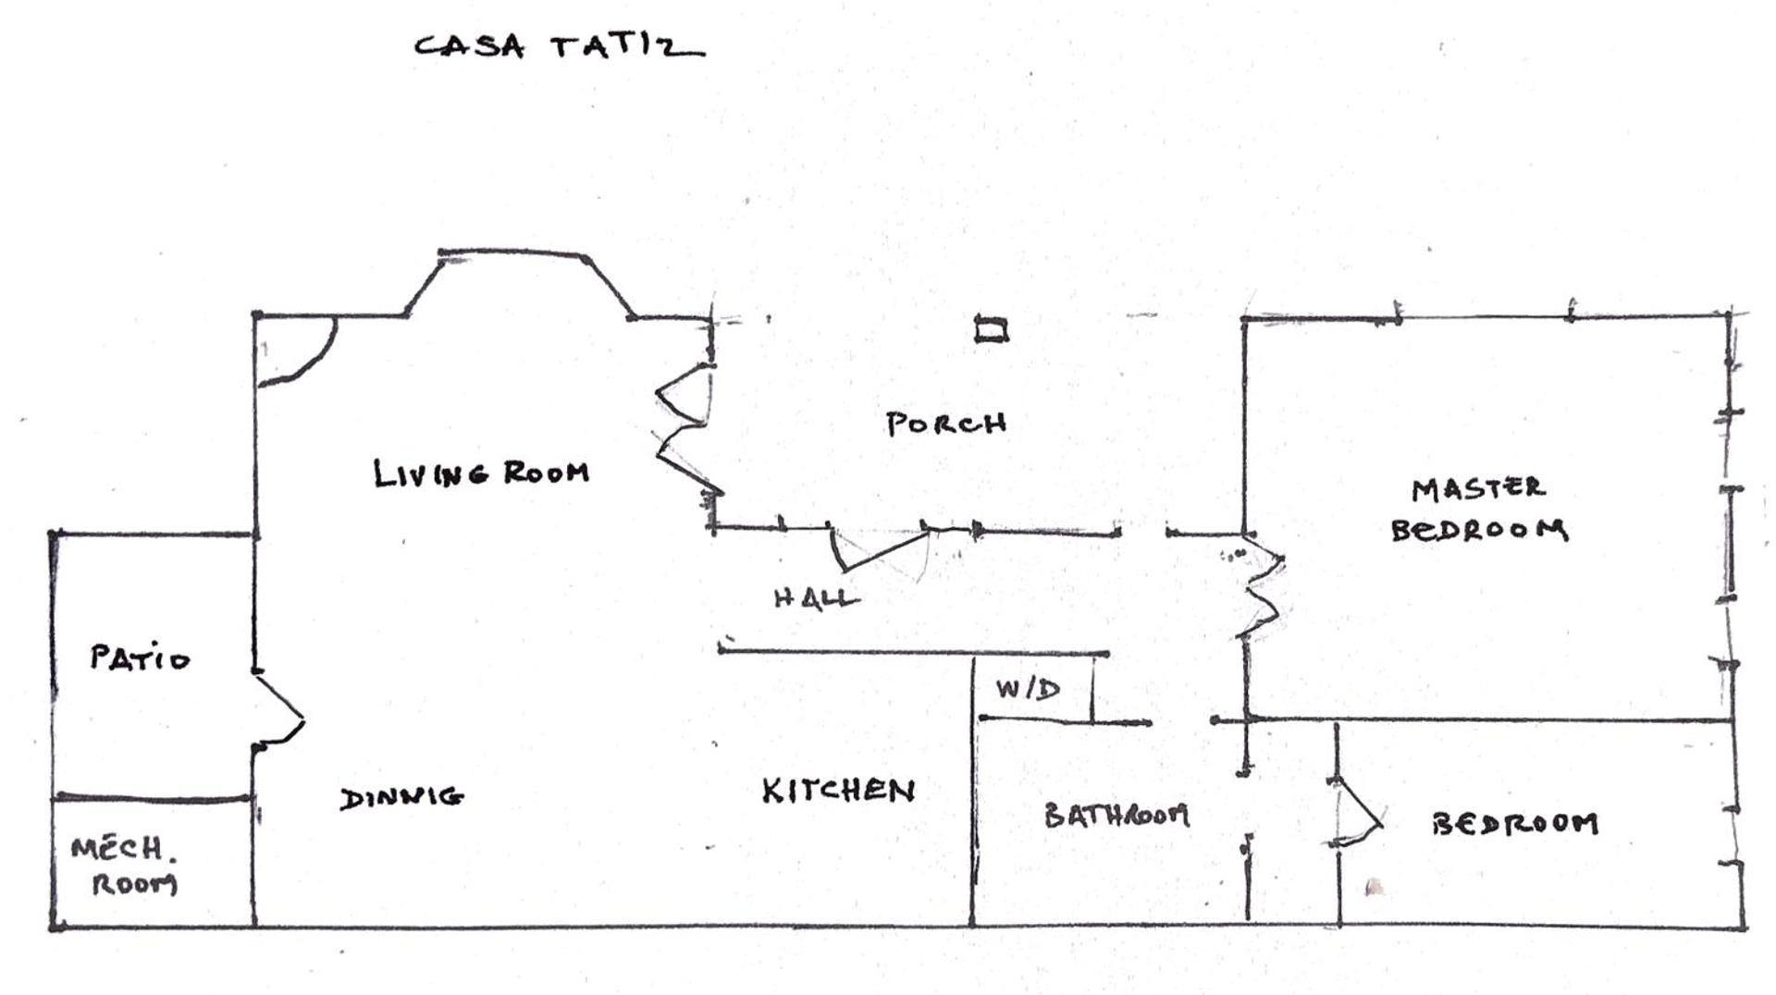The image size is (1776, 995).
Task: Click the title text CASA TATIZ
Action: pyautogui.click(x=558, y=46)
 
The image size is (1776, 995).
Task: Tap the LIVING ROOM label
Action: pyautogui.click(x=481, y=473)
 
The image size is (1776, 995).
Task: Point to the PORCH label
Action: pyautogui.click(x=945, y=424)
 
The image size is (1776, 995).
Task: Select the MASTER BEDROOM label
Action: pyautogui.click(x=1478, y=509)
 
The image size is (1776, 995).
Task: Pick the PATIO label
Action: pyautogui.click(x=140, y=658)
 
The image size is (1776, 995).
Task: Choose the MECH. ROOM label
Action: pyautogui.click(x=125, y=866)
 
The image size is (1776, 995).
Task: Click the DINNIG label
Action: pyautogui.click(x=401, y=797)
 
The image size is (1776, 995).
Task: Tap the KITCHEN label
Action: pyautogui.click(x=838, y=791)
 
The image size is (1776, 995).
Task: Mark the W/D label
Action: pyautogui.click(x=1028, y=689)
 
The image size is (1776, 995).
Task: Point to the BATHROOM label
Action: pyautogui.click(x=1116, y=815)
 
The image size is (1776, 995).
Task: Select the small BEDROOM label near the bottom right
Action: pyautogui.click(x=1514, y=823)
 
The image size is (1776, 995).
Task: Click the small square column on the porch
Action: pyautogui.click(x=992, y=329)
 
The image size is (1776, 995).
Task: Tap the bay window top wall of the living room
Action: pyautogui.click(x=513, y=252)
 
